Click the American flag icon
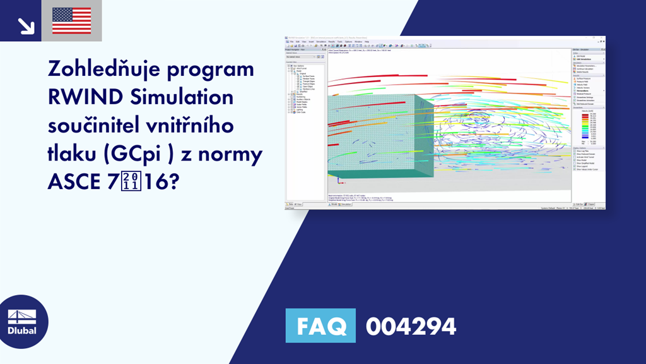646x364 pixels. tap(71, 20)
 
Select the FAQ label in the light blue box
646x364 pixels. tap(320, 326)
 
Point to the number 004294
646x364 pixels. tap(410, 327)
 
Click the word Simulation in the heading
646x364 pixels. tap(181, 98)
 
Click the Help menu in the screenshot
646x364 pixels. tap(367, 42)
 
